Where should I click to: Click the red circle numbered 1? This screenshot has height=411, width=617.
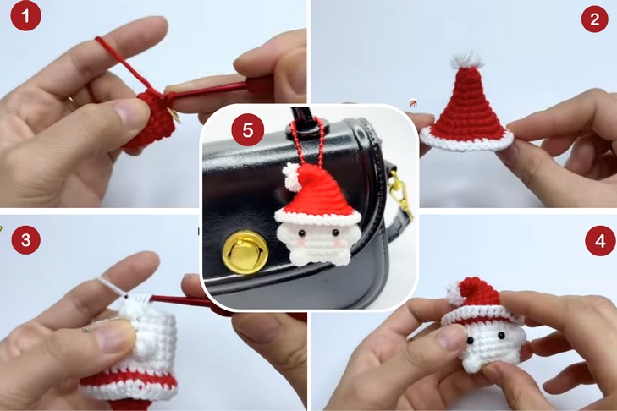(x=25, y=16)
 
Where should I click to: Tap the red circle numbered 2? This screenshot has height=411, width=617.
(x=594, y=19)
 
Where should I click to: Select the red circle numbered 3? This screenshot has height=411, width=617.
(x=26, y=239)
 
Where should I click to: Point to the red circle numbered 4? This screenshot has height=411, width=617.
(x=600, y=241)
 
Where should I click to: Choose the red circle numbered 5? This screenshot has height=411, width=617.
(x=247, y=129)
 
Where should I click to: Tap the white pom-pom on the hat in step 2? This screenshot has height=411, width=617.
(x=467, y=60)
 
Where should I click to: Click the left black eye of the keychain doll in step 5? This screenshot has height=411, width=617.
(x=302, y=233)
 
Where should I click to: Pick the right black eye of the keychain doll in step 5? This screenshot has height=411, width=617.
(x=336, y=233)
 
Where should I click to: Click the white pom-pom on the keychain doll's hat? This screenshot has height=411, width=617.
(x=291, y=177)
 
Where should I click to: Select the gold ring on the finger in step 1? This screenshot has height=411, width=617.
(x=72, y=102)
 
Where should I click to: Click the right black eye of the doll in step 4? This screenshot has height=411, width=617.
(x=501, y=336)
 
